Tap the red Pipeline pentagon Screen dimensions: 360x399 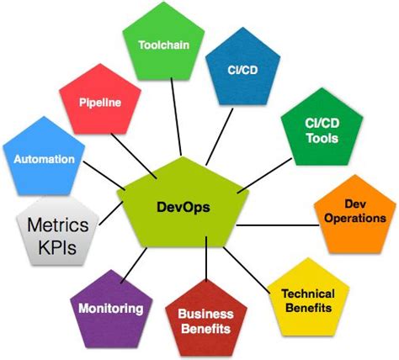coord(101,103)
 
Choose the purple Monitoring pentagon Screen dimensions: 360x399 coord(111,308)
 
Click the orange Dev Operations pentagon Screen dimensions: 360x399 coord(354,212)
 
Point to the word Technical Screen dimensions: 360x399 coord(308,294)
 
